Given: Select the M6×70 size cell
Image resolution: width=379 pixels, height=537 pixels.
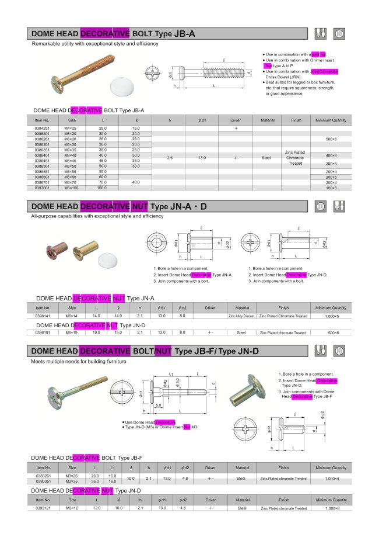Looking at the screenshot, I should [71, 182].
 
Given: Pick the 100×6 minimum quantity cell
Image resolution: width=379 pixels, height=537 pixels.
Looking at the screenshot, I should [331, 188].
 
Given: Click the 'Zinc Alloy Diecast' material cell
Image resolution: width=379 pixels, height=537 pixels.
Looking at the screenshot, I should [241, 316].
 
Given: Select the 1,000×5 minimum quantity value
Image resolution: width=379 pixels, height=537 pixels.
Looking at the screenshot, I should [331, 316].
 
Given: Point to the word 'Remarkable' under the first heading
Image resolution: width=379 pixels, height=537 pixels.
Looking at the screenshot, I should [44, 44].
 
